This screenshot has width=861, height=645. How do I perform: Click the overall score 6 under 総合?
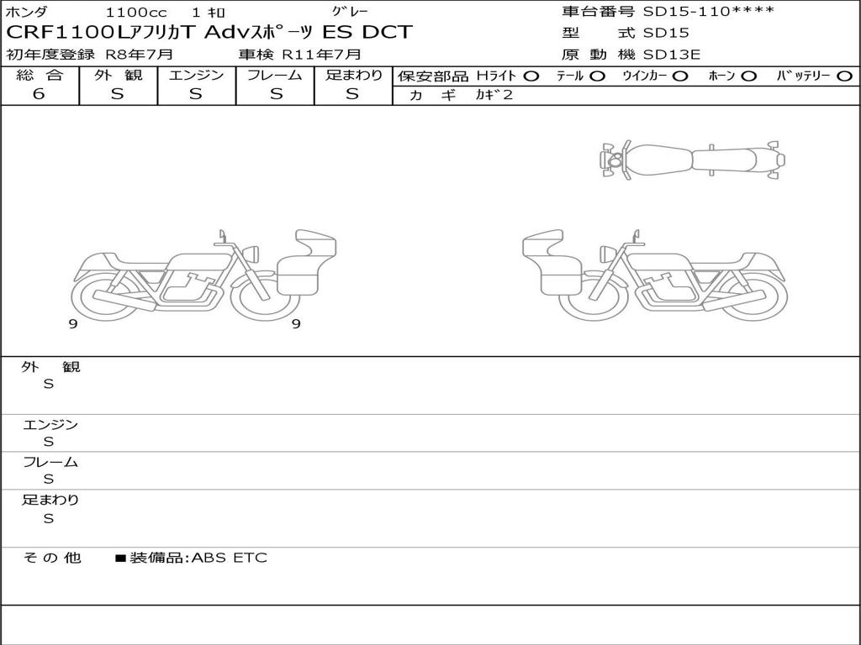(39, 93)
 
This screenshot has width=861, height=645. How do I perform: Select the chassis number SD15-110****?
(708, 11)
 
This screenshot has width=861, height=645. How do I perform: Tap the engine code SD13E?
(672, 55)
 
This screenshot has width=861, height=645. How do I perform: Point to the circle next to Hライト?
(531, 76)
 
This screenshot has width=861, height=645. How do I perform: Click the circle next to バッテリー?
(844, 76)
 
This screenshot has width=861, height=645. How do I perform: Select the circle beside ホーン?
(748, 76)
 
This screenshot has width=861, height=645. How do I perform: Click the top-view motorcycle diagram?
(692, 160)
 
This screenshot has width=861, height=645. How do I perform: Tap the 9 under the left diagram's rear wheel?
(73, 324)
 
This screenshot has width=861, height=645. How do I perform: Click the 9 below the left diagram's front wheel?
(296, 324)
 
